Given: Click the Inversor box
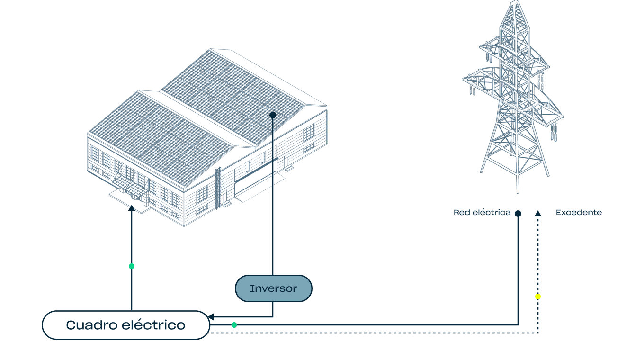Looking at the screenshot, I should coord(273,288).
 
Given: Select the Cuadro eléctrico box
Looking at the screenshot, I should coord(125,325).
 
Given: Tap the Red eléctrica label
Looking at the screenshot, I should coord(482,213).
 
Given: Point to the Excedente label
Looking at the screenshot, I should coord(579,213).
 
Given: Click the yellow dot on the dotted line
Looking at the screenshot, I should coord(538,297).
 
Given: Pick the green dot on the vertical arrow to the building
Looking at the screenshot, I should coord(132,266).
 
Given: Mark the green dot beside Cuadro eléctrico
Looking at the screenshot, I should coord(234,325).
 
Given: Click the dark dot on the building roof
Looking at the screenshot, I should coord(273,115).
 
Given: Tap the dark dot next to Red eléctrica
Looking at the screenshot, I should coord(518,214).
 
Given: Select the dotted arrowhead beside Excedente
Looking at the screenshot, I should coord(538,214).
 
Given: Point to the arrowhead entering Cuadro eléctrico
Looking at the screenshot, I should coord(211,316).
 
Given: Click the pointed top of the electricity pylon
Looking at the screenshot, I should coord(514,4).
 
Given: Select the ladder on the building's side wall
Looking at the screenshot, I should coord(218,187).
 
